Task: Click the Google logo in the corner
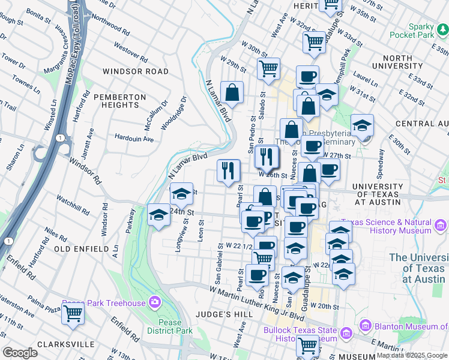point(20,353)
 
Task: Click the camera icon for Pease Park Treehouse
point(155,302)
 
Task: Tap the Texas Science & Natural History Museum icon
point(441,226)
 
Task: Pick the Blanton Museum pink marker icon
point(364,326)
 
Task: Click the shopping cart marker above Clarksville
point(73,313)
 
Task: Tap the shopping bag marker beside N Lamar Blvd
point(232,93)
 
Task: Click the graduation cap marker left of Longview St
point(158,214)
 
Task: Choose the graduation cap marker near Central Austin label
point(362,125)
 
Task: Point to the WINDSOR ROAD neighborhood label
point(136,71)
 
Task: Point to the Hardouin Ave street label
point(134,139)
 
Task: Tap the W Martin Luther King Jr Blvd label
point(258,298)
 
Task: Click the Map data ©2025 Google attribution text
point(411,356)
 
